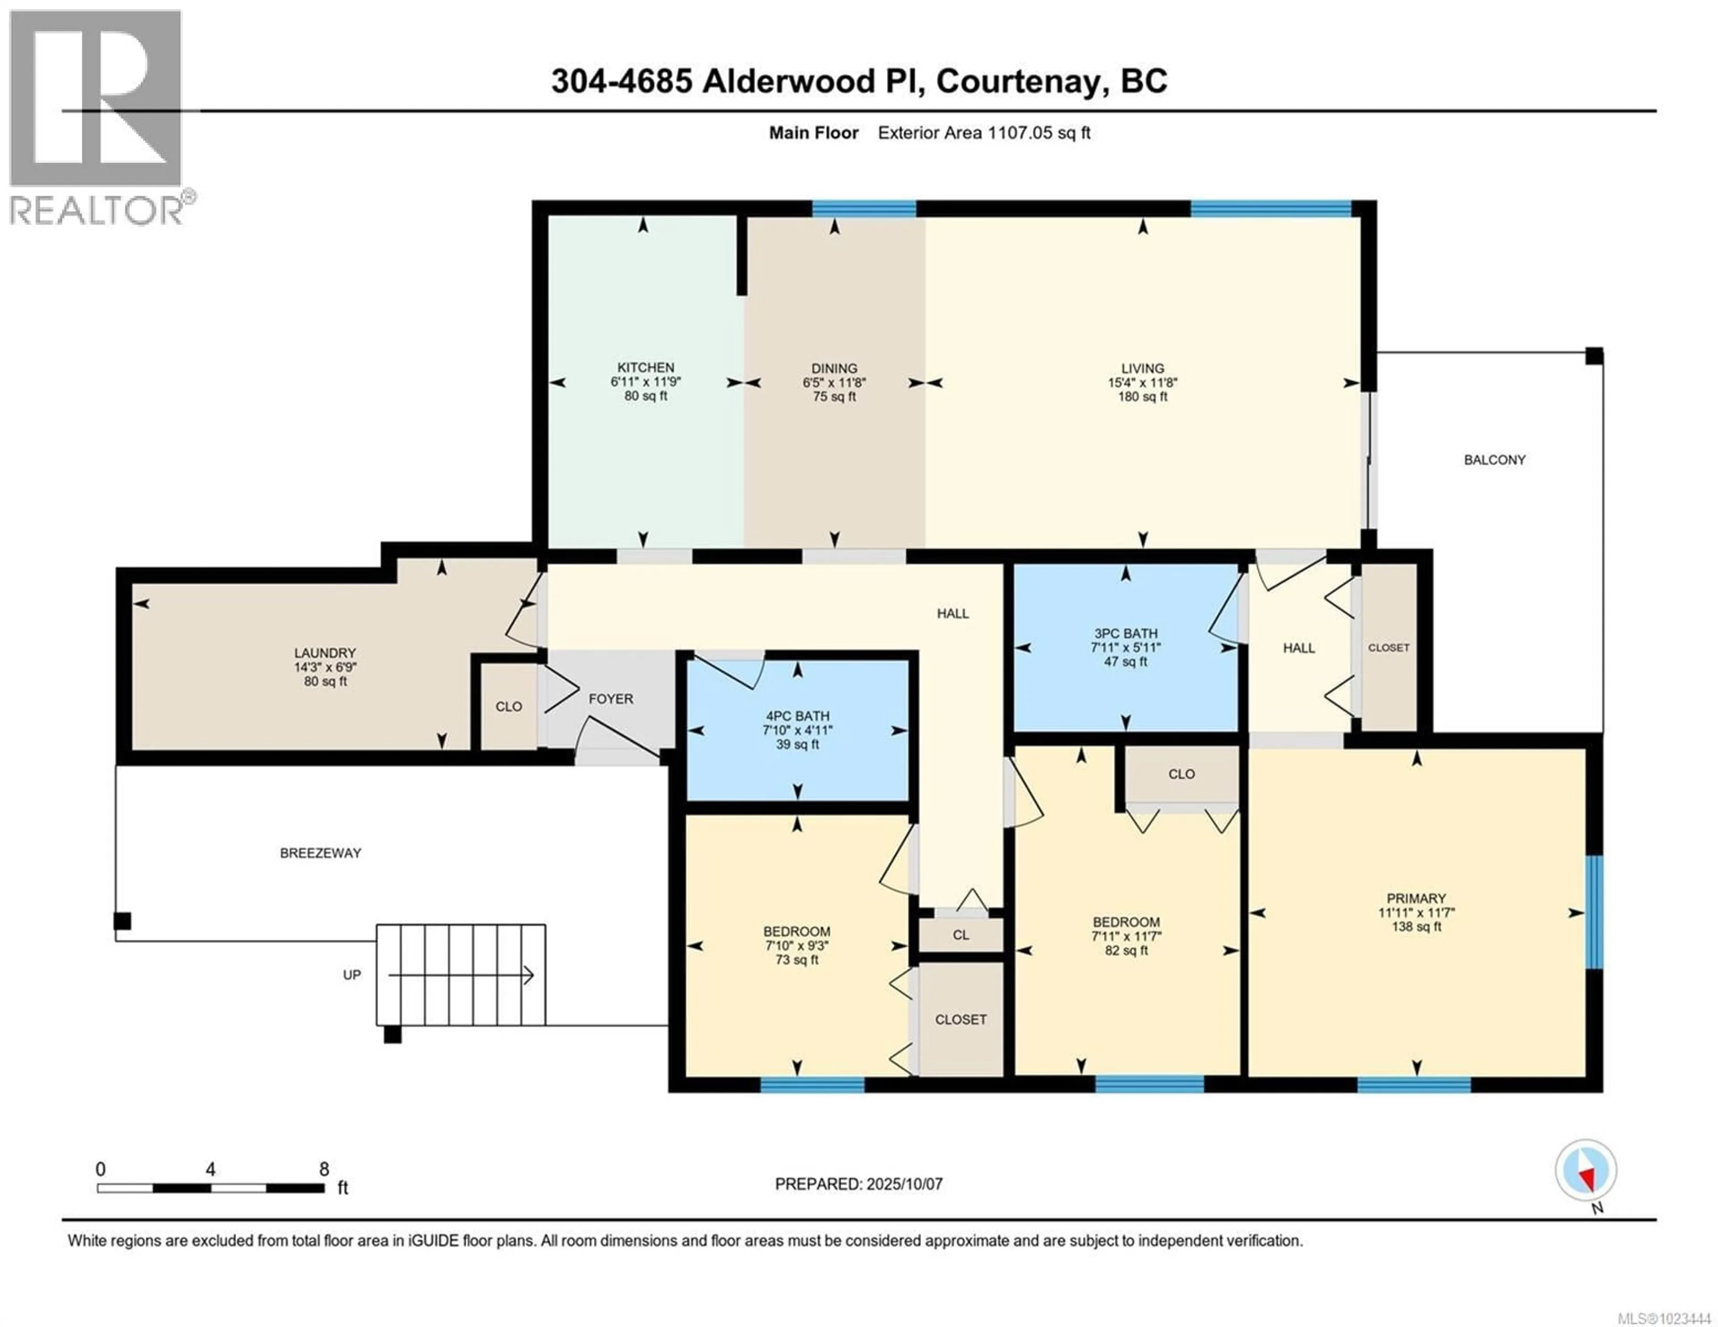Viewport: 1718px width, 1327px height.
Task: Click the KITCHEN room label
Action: point(645,367)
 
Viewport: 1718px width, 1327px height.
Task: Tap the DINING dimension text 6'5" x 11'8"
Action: point(834,382)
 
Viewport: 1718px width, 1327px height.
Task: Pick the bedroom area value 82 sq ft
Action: point(1126,950)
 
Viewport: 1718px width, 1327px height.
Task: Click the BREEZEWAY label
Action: point(320,852)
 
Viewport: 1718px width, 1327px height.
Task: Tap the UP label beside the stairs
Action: point(352,975)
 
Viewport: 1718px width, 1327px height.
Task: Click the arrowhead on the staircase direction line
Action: point(529,975)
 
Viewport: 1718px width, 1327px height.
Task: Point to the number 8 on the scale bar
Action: point(323,1169)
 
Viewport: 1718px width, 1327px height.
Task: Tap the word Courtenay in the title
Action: point(1016,81)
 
